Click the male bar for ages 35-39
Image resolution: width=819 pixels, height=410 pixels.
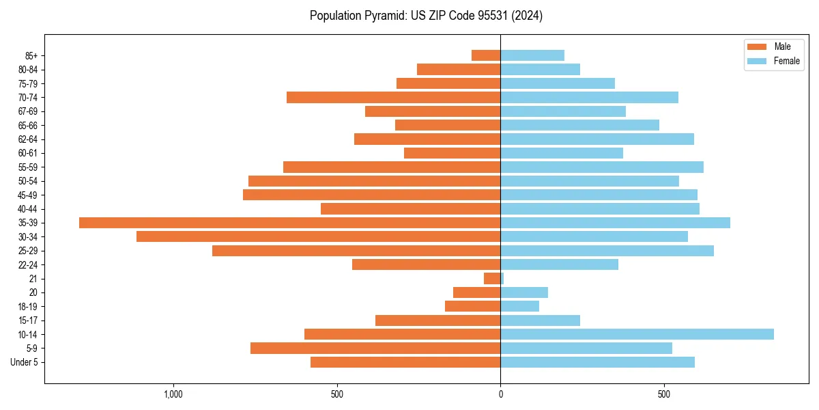[x=289, y=223]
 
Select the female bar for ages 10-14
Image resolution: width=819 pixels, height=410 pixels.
[x=637, y=334]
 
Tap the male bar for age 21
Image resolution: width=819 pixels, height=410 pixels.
[x=492, y=279]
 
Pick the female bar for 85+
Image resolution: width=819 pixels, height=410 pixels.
[x=532, y=55]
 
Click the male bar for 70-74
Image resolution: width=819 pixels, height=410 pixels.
[x=393, y=97]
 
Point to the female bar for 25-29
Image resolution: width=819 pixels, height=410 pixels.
[x=607, y=251]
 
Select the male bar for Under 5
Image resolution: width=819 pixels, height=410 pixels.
[x=405, y=362]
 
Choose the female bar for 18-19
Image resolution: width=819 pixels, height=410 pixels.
[x=519, y=306]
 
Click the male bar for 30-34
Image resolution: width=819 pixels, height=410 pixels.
[x=318, y=236]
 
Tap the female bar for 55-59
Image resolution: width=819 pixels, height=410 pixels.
[x=602, y=167]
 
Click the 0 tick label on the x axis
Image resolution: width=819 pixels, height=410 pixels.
[x=500, y=394]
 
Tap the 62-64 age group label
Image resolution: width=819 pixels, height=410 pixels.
[x=28, y=139]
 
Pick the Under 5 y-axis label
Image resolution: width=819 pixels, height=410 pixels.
[x=25, y=362]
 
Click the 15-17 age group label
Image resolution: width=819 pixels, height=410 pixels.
[x=28, y=320]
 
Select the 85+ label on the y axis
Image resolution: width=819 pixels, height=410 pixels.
[x=31, y=55]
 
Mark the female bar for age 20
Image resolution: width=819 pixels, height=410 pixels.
[x=524, y=292]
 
